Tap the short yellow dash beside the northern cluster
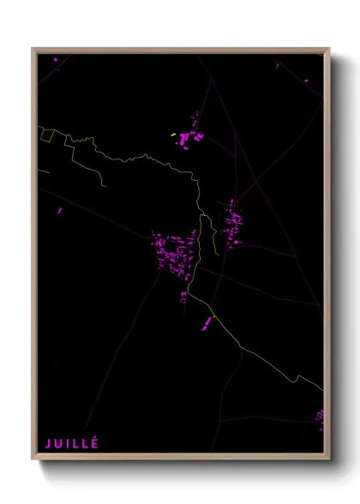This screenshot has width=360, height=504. coord(173,135)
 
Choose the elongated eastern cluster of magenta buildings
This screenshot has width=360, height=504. coord(231,221)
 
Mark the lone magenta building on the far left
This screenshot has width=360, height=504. coord(60,210)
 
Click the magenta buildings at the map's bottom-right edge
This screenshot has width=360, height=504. coord(320,417)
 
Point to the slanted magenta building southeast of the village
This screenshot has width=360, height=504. coord(207,323)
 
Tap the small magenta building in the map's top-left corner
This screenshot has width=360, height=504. coord(56,59)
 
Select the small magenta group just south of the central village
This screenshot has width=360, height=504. coord(183,297)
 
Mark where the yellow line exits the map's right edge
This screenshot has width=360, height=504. coord(323,389)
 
